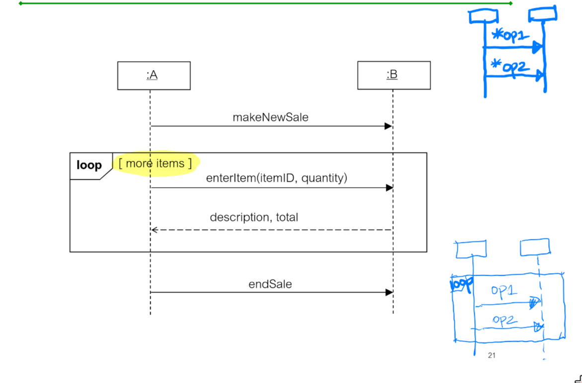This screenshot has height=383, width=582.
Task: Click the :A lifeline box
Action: pyautogui.click(x=154, y=76)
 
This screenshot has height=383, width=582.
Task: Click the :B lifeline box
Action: pyautogui.click(x=394, y=75)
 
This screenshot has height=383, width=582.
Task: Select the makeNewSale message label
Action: pyautogui.click(x=270, y=117)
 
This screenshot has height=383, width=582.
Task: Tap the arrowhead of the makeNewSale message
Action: pyautogui.click(x=389, y=126)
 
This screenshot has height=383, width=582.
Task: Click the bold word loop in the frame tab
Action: pyautogui.click(x=89, y=165)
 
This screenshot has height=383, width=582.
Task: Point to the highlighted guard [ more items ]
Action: pyautogui.click(x=155, y=163)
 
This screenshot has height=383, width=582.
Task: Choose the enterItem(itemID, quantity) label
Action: pyautogui.click(x=276, y=178)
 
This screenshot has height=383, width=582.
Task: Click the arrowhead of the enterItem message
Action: pyautogui.click(x=389, y=188)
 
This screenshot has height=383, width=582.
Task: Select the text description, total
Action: pyautogui.click(x=253, y=217)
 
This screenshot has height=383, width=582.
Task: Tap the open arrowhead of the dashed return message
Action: pyautogui.click(x=155, y=230)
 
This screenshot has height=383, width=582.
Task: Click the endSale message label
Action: pyautogui.click(x=270, y=284)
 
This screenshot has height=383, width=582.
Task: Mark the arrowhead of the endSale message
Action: pyautogui.click(x=389, y=292)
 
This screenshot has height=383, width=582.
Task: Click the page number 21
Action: pyautogui.click(x=492, y=355)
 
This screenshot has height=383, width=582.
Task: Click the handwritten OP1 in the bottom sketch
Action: pyautogui.click(x=504, y=291)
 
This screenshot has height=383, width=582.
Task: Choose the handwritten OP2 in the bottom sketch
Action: pyautogui.click(x=505, y=320)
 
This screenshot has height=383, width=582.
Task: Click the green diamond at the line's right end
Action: pyautogui.click(x=510, y=3)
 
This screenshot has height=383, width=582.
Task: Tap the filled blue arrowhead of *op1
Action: pyautogui.click(x=537, y=48)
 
